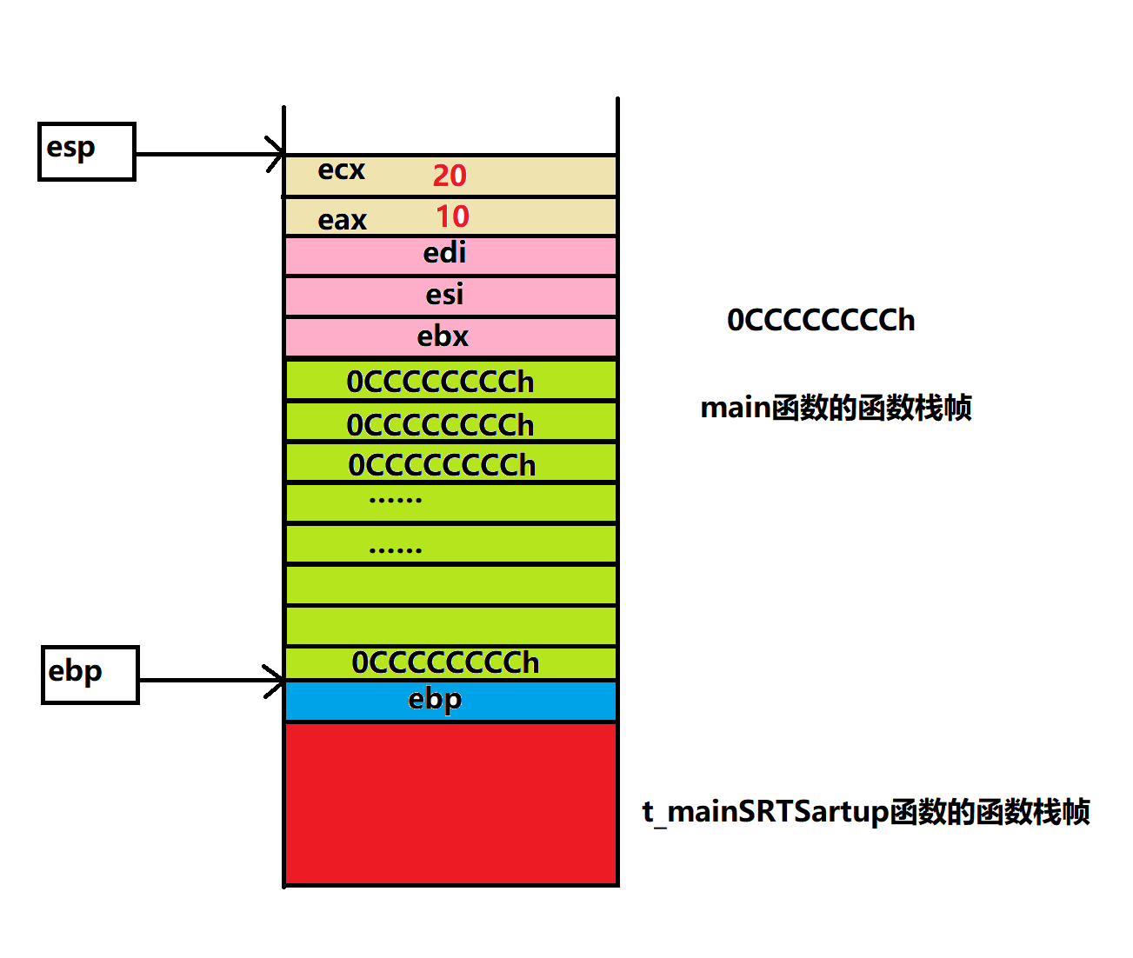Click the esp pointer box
coord(87,152)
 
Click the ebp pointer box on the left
coord(90,675)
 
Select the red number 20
coord(450,176)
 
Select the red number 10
coord(452,216)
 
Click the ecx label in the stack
coord(341,170)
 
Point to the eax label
coord(342,220)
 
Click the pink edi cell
coord(450,255)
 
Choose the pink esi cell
coord(450,296)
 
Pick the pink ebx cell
coord(450,336)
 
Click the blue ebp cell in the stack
coord(450,701)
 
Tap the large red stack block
coord(450,804)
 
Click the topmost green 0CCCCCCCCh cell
coord(450,381)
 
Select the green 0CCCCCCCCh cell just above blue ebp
coord(450,662)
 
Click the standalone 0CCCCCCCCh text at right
coord(821,321)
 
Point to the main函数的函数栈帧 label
coord(836,408)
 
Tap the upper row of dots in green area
coord(396,500)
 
